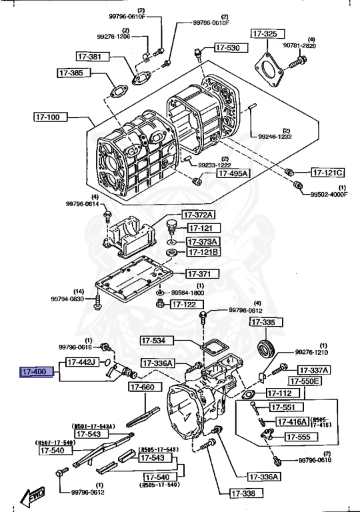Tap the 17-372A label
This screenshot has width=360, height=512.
(x=200, y=215)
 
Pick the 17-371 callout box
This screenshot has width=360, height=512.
(x=199, y=274)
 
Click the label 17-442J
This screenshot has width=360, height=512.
(x=81, y=362)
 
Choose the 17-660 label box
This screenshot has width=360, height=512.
(x=143, y=387)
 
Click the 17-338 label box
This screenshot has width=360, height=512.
(x=249, y=494)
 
